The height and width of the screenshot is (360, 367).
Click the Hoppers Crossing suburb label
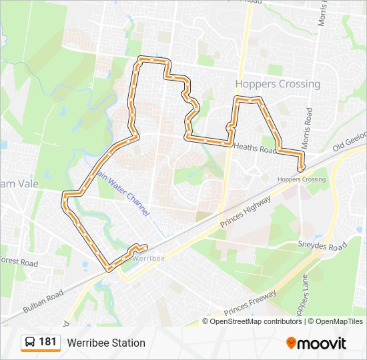pyautogui.click(x=278, y=84)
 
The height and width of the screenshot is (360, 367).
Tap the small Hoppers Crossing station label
pyautogui.click(x=302, y=179)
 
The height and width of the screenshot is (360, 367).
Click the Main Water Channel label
pyautogui.click(x=124, y=192)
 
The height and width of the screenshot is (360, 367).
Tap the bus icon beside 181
pyautogui.click(x=30, y=343)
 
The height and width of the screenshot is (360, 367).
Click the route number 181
pyautogui.click(x=47, y=342)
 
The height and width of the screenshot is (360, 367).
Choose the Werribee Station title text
pyautogui.click(x=105, y=343)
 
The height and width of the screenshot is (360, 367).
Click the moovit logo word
pyautogui.click(x=322, y=343)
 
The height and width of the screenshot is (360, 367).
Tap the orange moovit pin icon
pyautogui.click(x=292, y=343)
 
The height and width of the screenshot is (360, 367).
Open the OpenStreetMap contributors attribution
pyautogui.click(x=256, y=321)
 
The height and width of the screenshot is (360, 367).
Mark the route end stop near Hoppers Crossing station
pyautogui.click(x=300, y=169)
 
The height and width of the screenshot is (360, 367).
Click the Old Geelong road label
pyautogui.click(x=351, y=141)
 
